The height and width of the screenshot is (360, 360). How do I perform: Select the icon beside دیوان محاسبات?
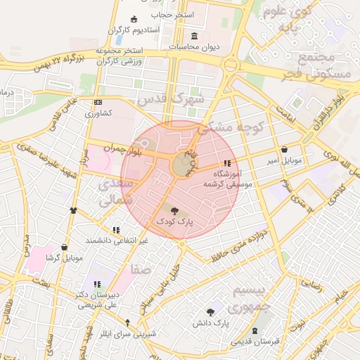pos(194,37)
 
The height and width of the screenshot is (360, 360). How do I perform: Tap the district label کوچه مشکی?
pos(229,127)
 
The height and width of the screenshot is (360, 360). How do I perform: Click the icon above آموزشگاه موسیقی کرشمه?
pos(226,164)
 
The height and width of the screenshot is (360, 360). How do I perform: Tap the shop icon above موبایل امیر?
pos(284,150)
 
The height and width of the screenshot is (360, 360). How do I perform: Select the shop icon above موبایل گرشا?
pos(65,247)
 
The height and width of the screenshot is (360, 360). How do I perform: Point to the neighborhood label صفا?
pos(141,270)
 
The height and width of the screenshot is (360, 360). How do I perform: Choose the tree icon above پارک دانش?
pos(210,311)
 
